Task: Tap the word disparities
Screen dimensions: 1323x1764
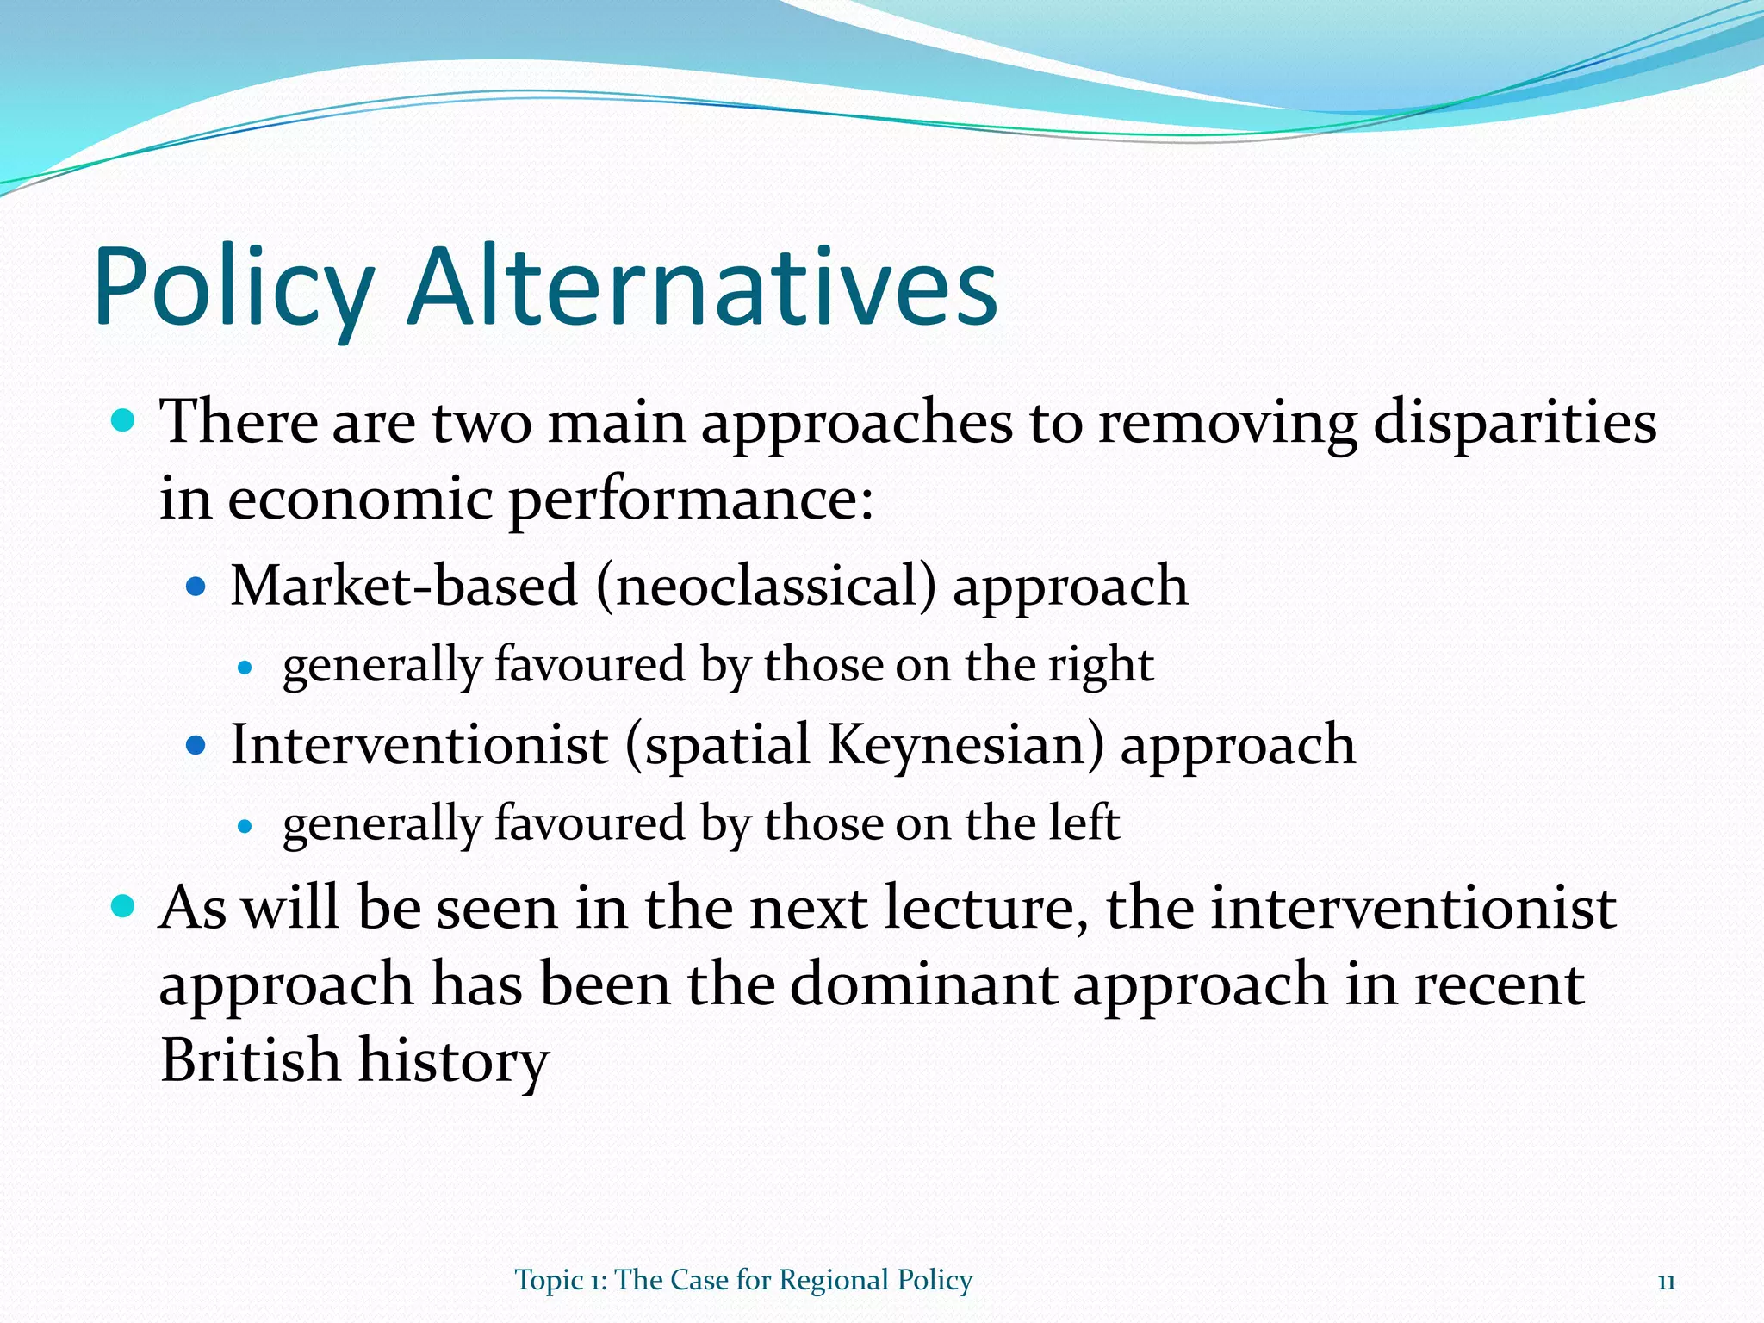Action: (x=1514, y=424)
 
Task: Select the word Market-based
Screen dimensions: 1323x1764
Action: (x=403, y=586)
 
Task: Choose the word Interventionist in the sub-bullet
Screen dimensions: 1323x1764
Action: (x=419, y=744)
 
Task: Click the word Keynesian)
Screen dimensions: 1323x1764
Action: (x=965, y=744)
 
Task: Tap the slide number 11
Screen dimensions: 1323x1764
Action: (x=1666, y=1282)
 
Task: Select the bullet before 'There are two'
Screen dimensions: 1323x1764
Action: (x=124, y=421)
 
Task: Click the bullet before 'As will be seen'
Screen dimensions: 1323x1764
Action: (x=124, y=907)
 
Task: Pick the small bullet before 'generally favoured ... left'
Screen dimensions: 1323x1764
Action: (x=245, y=825)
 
